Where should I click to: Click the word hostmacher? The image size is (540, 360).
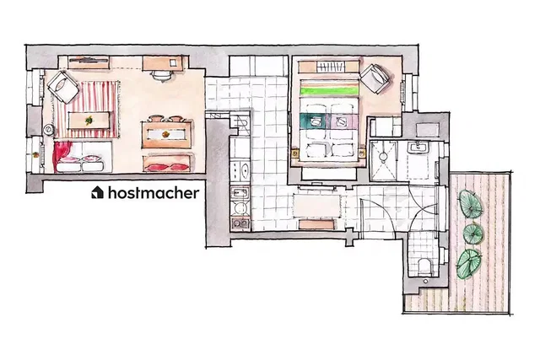click(x=154, y=193)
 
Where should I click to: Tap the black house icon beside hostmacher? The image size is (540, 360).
click(x=98, y=193)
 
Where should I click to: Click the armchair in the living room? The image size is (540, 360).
click(x=63, y=87)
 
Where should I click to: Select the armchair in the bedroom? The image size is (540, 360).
click(x=375, y=78)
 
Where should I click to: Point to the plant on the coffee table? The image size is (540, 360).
click(x=89, y=120)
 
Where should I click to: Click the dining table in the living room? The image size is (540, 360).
click(x=167, y=135)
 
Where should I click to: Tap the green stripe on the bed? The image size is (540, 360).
click(x=329, y=91)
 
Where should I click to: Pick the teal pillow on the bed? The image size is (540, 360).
click(x=313, y=121)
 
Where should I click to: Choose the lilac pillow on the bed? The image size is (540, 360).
click(x=344, y=121)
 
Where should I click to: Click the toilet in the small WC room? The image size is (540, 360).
click(x=424, y=266)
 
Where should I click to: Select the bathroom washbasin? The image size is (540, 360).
click(x=418, y=148)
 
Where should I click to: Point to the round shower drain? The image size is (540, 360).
click(x=382, y=157)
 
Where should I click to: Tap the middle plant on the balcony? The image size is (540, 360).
click(x=473, y=234)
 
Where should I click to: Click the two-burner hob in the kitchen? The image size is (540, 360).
click(x=240, y=223)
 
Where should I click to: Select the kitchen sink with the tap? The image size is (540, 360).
click(x=240, y=193)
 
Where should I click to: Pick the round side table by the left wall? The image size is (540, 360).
click(x=49, y=129)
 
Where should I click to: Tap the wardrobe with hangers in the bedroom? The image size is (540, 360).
click(x=328, y=67)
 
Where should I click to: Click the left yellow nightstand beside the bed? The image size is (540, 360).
click(x=295, y=152)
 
